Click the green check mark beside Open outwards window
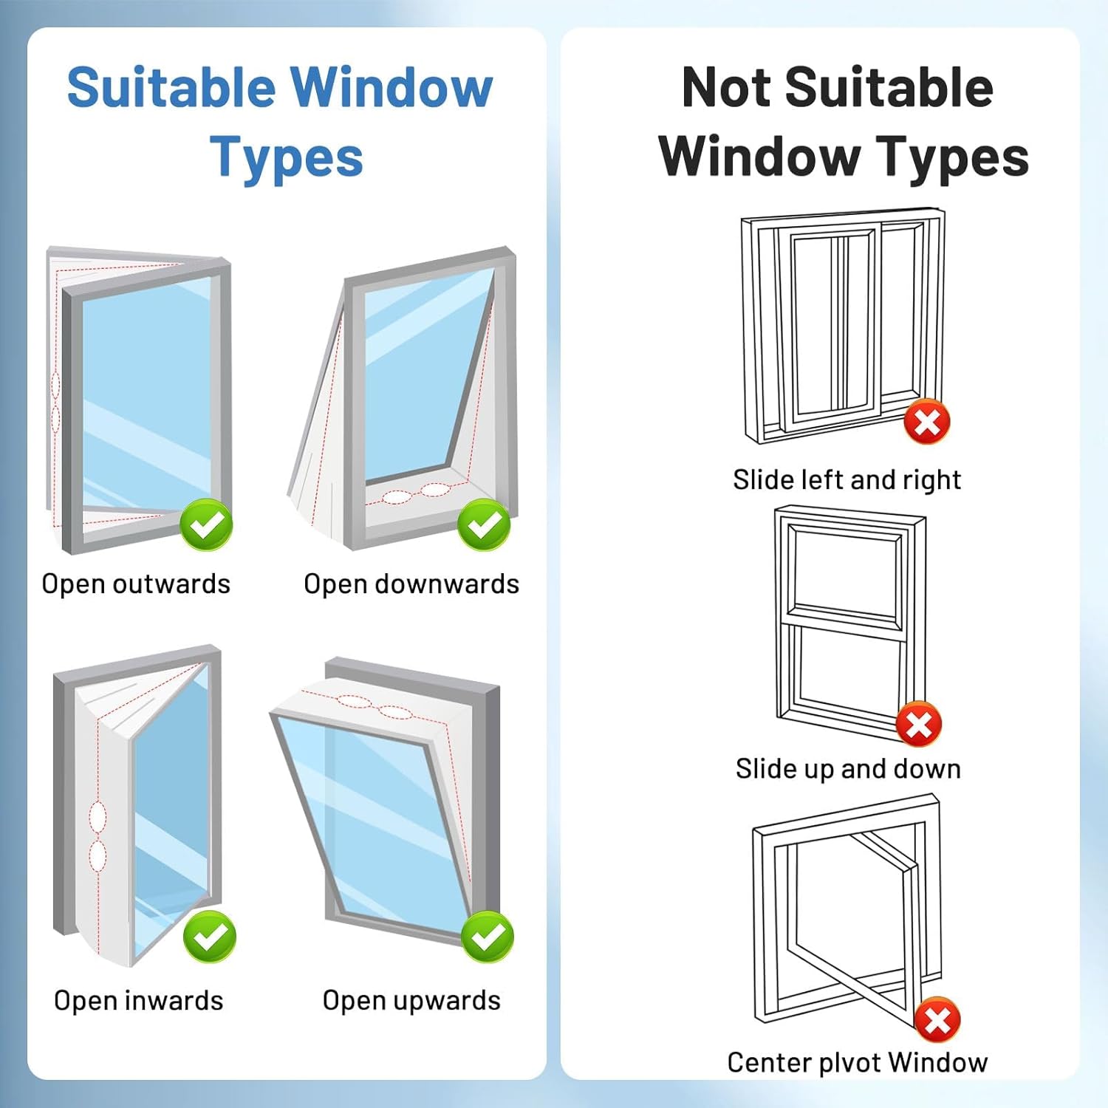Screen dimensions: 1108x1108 click(x=206, y=524)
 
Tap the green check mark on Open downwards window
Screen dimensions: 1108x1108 click(x=484, y=524)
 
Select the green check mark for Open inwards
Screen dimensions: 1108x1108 click(x=210, y=937)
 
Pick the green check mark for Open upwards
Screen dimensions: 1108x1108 click(x=488, y=937)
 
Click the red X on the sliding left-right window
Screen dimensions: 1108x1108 click(x=927, y=422)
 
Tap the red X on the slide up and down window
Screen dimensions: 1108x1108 click(x=919, y=724)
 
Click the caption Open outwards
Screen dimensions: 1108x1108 click(x=136, y=584)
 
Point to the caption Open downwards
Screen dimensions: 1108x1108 click(x=411, y=584)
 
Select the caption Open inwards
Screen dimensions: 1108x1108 click(x=139, y=1001)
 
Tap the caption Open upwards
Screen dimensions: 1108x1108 click(x=411, y=1001)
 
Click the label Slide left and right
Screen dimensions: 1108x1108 click(x=847, y=480)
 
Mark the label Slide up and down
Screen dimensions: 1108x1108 click(x=848, y=769)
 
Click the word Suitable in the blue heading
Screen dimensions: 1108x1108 click(x=171, y=88)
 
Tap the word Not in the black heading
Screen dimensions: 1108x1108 click(x=725, y=88)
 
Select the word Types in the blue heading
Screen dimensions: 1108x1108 click(x=287, y=157)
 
